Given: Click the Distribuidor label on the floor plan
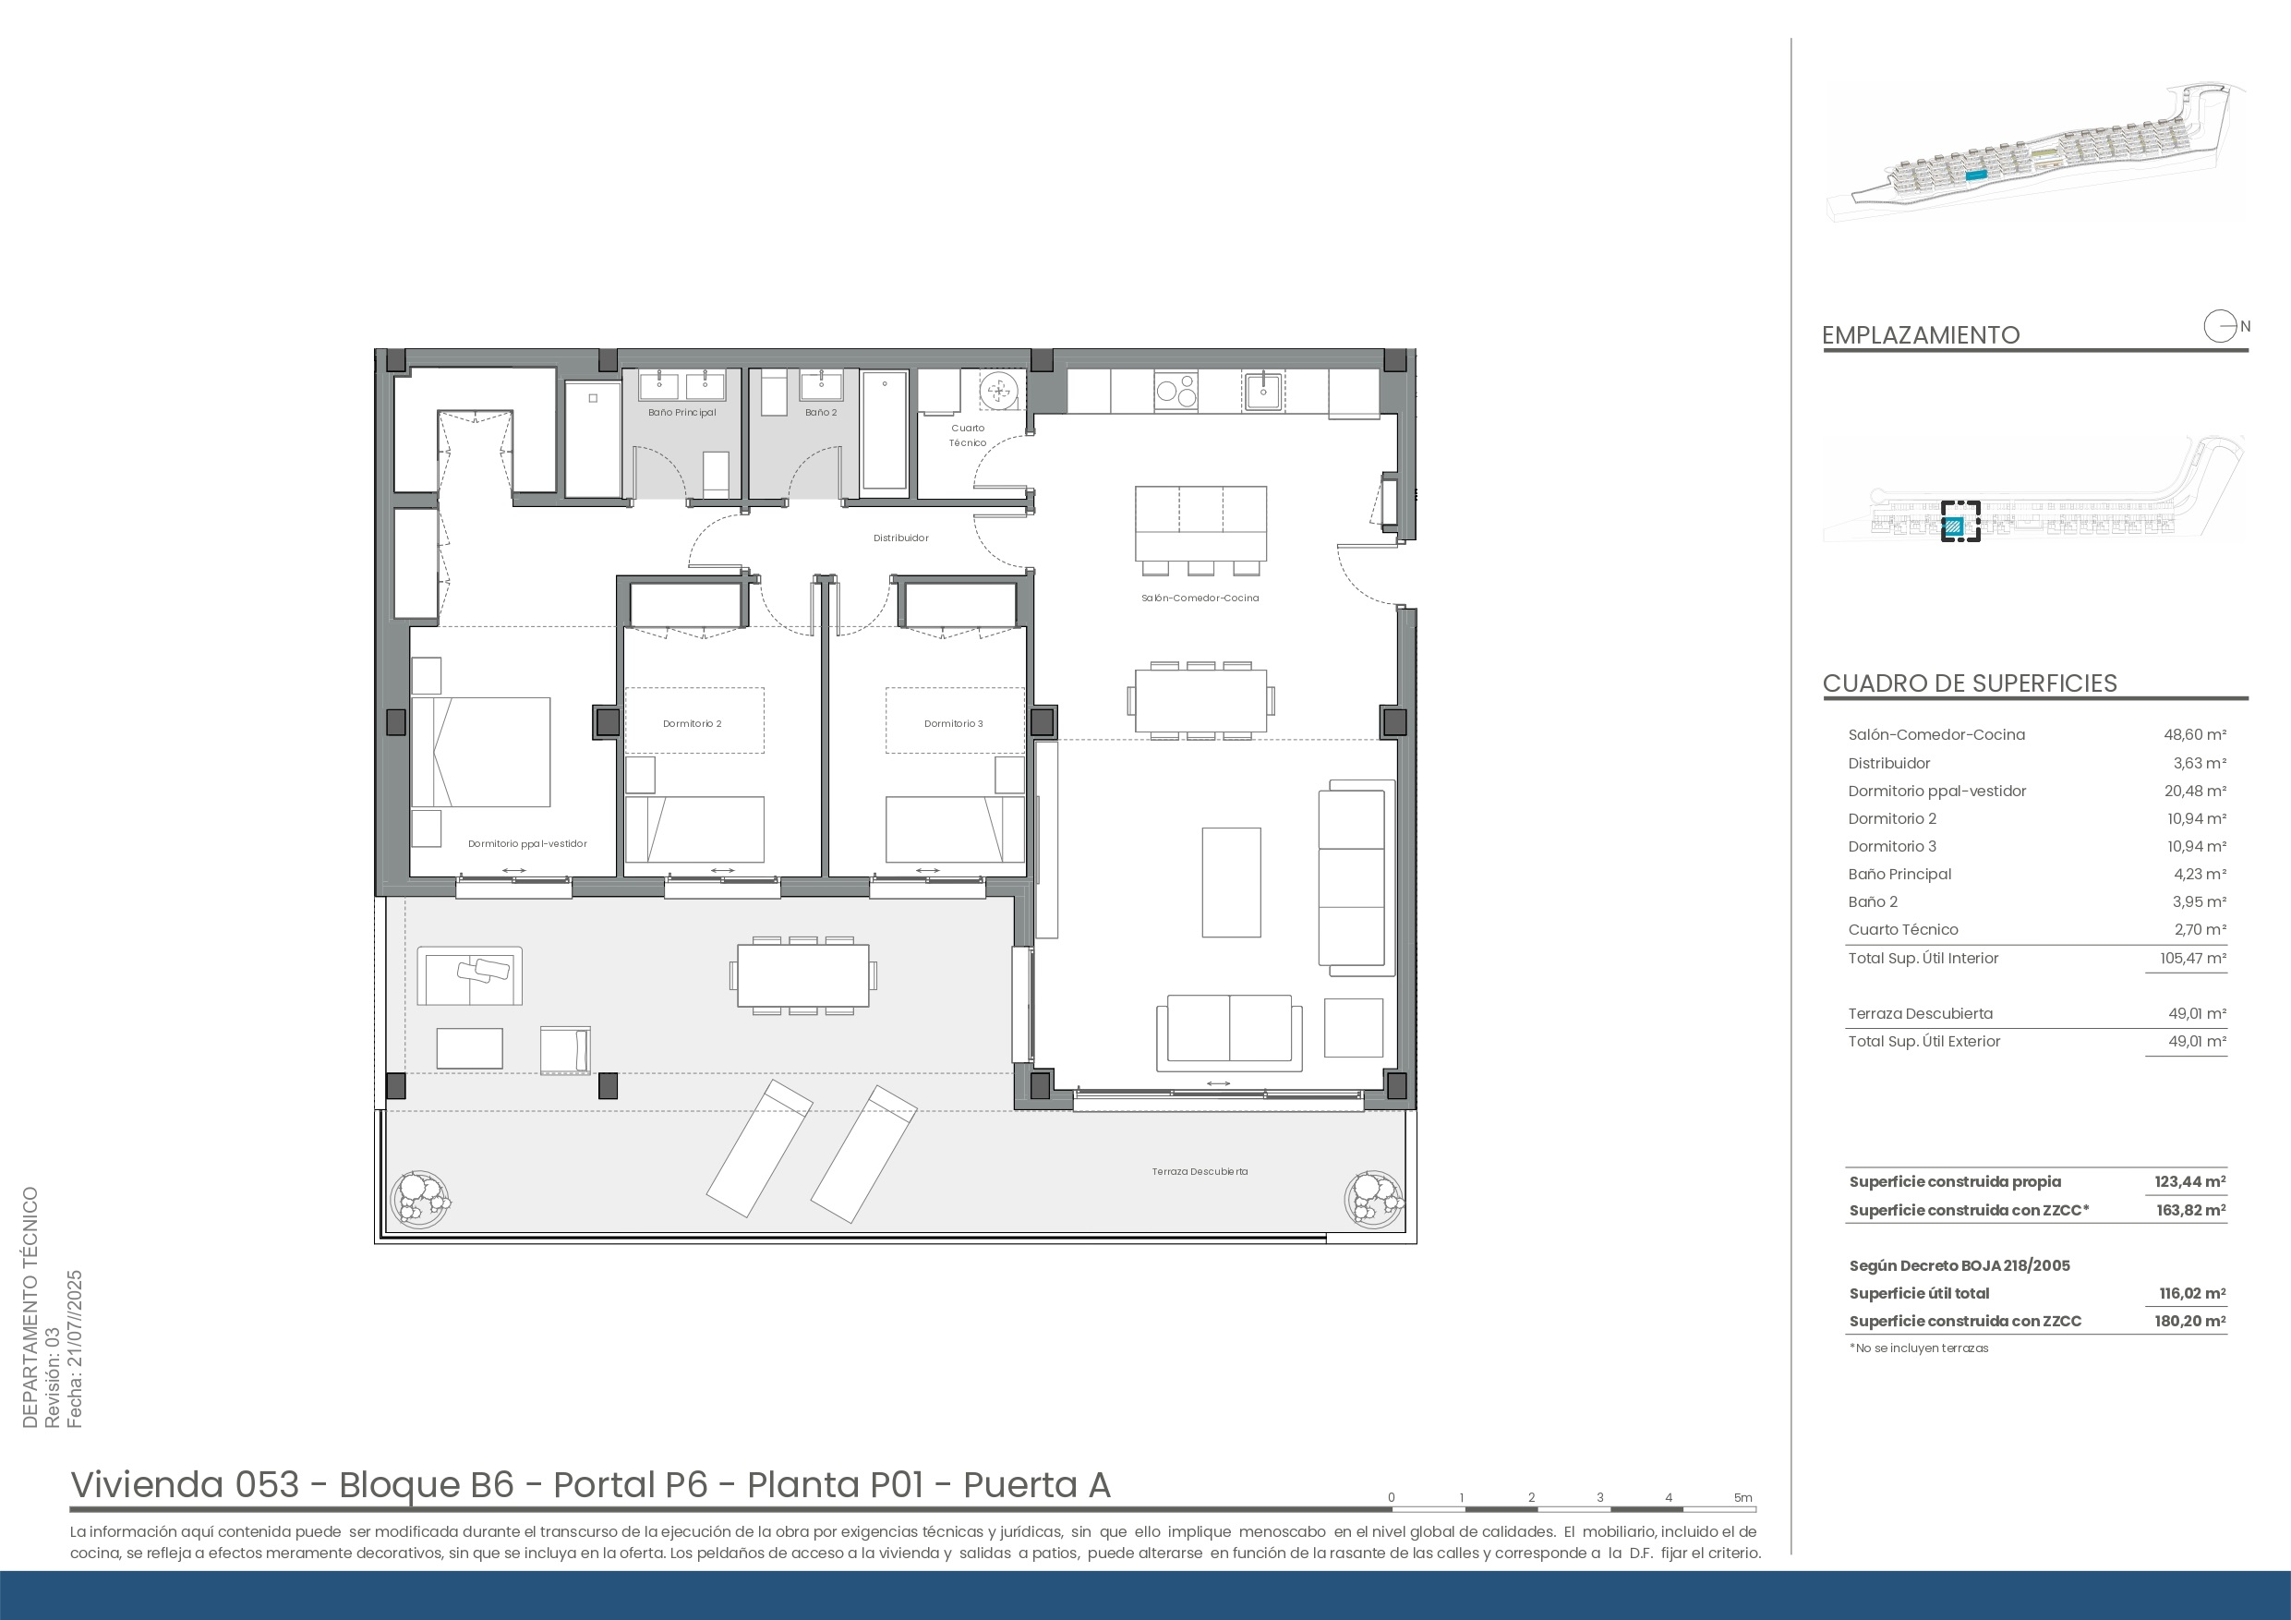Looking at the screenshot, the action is (901, 538).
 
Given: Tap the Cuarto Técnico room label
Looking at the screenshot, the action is (968, 435).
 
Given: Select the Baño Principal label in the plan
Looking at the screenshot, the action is (681, 412).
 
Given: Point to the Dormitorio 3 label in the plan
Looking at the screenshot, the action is (953, 724).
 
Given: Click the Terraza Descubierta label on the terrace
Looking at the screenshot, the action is (1200, 1172).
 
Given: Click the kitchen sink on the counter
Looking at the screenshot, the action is (1263, 391).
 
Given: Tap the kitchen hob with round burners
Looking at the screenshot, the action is (1176, 391).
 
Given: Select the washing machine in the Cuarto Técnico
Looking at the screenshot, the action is (996, 391).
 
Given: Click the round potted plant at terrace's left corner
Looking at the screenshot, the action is (420, 1198).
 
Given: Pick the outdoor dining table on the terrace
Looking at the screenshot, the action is (803, 975).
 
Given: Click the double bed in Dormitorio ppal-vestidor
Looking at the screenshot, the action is (481, 752).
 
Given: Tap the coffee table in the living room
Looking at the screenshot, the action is (1231, 882).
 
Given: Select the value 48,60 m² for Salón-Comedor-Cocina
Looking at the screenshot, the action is (2194, 734).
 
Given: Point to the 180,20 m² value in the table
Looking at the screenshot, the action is (2190, 1321).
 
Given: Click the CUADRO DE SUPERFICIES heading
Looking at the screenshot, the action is (1970, 683).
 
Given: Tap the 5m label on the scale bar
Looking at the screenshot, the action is (1743, 1497).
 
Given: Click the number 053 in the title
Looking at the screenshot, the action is (268, 1484).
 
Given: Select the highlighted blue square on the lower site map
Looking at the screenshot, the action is (1955, 525).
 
